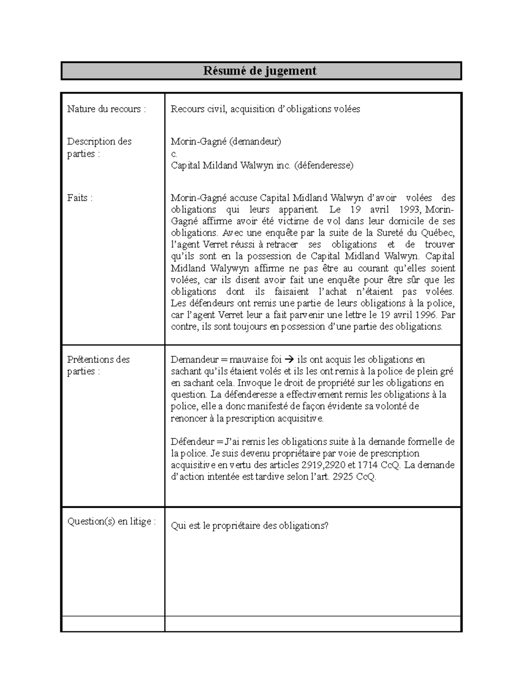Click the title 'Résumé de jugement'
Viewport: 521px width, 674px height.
pyautogui.click(x=260, y=71)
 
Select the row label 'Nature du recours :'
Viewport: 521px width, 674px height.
pyautogui.click(x=106, y=109)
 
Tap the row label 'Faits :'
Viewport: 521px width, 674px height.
pyautogui.click(x=80, y=198)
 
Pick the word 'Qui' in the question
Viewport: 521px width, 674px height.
pyautogui.click(x=178, y=526)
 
